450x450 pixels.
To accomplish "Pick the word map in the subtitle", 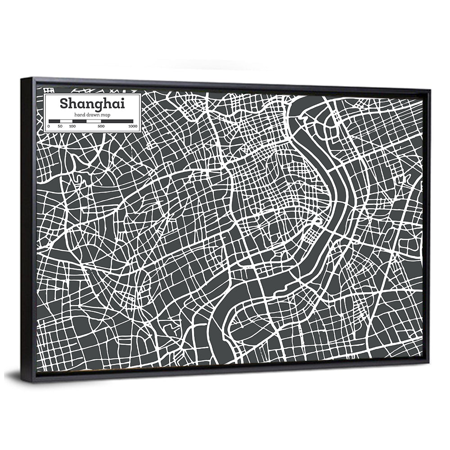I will pyautogui.click(x=106, y=116).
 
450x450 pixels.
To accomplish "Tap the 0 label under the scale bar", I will pyautogui.click(x=49, y=126).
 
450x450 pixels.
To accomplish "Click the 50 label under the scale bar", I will pyautogui.click(x=60, y=126).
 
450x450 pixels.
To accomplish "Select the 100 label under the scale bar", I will pyautogui.click(x=72, y=126).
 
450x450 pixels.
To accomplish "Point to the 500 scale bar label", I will pyautogui.click(x=101, y=126).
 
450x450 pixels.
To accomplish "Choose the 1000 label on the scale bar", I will pyautogui.click(x=132, y=126).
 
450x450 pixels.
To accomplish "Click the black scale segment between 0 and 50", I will pyautogui.click(x=54, y=121).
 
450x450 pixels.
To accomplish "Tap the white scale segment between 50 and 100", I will pyautogui.click(x=66, y=121).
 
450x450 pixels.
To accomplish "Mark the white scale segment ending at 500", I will pyautogui.click(x=94, y=121).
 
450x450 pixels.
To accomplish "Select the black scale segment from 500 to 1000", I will pyautogui.click(x=117, y=121).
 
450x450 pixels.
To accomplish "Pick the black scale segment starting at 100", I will pyautogui.click(x=79, y=121).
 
